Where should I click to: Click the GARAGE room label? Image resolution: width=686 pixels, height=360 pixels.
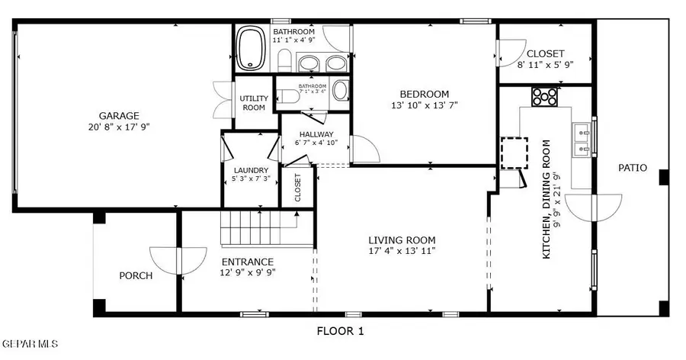pyautogui.click(x=119, y=116)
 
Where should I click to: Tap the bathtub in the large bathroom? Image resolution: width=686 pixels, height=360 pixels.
pyautogui.click(x=251, y=48)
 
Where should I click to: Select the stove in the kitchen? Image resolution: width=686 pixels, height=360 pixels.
pyautogui.click(x=544, y=97)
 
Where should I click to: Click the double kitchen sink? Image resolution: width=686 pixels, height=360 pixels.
pyautogui.click(x=582, y=139)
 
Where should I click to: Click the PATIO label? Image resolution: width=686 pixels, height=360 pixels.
pyautogui.click(x=633, y=168)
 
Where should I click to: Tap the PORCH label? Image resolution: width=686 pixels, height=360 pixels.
pyautogui.click(x=136, y=276)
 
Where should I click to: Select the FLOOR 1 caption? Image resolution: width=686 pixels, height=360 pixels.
pyautogui.click(x=341, y=331)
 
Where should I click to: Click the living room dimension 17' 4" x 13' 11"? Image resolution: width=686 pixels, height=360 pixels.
pyautogui.click(x=402, y=251)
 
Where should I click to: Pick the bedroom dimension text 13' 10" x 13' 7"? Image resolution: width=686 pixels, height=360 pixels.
pyautogui.click(x=425, y=105)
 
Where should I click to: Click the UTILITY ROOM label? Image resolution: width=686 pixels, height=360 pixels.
pyautogui.click(x=254, y=103)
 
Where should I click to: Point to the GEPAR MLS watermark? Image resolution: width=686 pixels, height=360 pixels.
pyautogui.click(x=29, y=344)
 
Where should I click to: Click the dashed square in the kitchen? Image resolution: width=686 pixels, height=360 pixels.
pyautogui.click(x=514, y=153)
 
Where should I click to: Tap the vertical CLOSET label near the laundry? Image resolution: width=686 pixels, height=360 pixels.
pyautogui.click(x=298, y=188)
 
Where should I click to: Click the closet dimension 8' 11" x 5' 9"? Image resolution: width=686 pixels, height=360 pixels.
pyautogui.click(x=546, y=65)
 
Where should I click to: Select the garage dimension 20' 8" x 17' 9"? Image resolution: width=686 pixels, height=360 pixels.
pyautogui.click(x=119, y=127)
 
